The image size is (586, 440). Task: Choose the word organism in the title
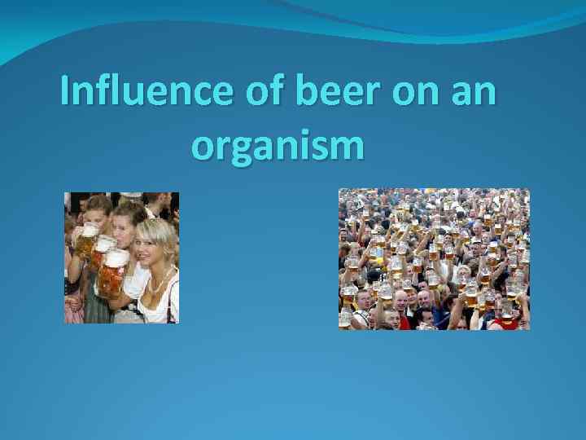coord(278,147)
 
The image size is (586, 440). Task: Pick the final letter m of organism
coord(348,147)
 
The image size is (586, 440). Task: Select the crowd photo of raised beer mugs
coord(434,259)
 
